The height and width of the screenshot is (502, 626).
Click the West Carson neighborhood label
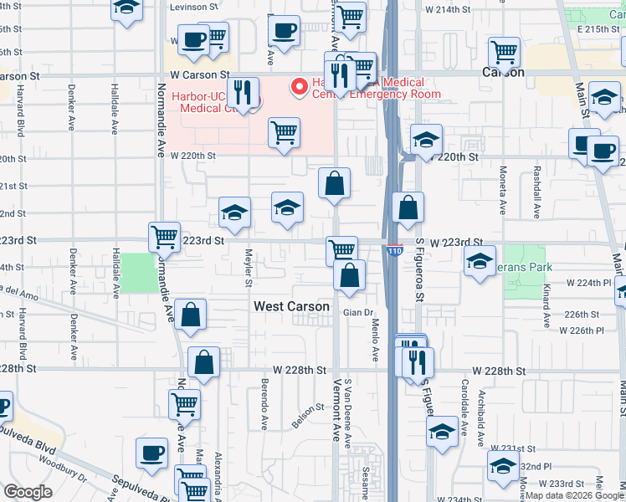pyautogui.click(x=291, y=307)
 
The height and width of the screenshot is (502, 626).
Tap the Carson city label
pyautogui.click(x=503, y=72)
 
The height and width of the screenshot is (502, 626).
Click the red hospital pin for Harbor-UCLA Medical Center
pyautogui.click(x=296, y=86)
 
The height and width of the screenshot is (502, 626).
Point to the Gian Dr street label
pyautogui.click(x=357, y=314)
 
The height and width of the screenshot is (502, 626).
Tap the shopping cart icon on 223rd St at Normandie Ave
pyautogui.click(x=165, y=237)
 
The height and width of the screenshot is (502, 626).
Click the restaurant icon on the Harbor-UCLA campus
pyautogui.click(x=243, y=93)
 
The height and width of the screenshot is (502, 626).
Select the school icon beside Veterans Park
pyautogui.click(x=480, y=262)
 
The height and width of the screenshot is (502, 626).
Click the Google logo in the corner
pyautogui.click(x=29, y=492)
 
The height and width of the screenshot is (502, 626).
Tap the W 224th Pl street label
pyautogui.click(x=593, y=283)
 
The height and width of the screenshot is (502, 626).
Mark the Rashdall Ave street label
pyautogui.click(x=532, y=191)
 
